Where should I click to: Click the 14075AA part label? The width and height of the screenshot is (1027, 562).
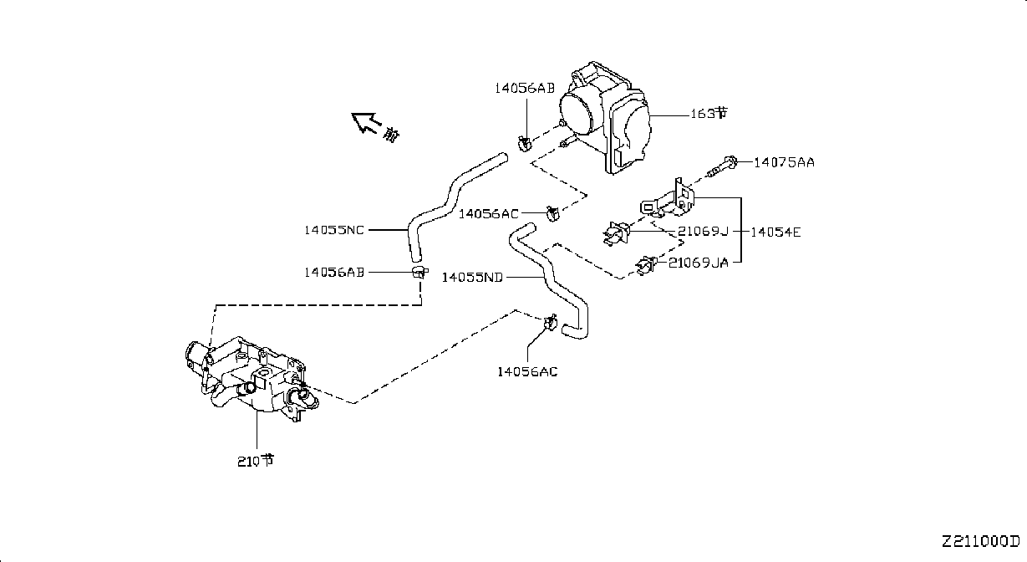tap(784, 162)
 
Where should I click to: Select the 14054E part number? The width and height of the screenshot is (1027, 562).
tap(775, 232)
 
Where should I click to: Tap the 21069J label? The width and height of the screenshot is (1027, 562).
tap(703, 231)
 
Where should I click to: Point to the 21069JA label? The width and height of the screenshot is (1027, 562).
tap(699, 263)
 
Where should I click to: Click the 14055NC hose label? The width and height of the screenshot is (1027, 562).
tap(334, 230)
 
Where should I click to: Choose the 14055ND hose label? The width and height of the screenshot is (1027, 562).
tap(472, 278)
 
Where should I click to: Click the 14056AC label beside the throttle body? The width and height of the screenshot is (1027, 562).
tap(489, 214)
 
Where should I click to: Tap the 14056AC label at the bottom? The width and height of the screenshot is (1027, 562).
tap(527, 371)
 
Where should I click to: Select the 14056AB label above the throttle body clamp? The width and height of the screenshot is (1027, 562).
tap(525, 88)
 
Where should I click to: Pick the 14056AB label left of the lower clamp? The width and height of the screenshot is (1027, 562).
tap(334, 273)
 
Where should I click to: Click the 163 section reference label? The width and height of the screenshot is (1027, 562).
tap(709, 113)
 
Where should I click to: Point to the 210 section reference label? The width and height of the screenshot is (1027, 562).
tap(256, 461)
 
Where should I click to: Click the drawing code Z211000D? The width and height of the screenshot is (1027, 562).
tap(981, 542)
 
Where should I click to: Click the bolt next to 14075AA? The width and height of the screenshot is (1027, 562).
tap(723, 167)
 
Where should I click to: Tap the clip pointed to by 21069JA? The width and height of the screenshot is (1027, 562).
tap(646, 266)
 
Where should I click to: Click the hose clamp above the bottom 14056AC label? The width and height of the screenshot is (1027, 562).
tap(551, 323)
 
